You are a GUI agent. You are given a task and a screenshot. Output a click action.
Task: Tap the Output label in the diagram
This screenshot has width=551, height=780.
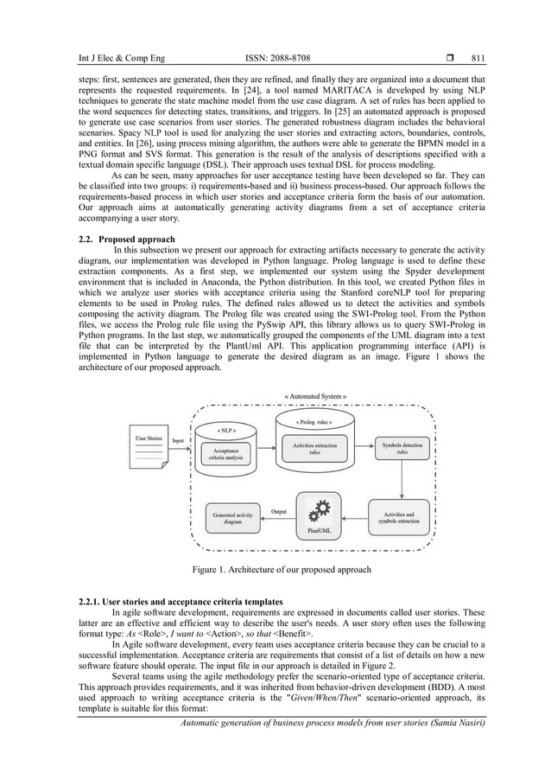[x=278, y=511]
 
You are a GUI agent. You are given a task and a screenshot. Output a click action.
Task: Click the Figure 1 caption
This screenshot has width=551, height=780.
[x=282, y=570]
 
